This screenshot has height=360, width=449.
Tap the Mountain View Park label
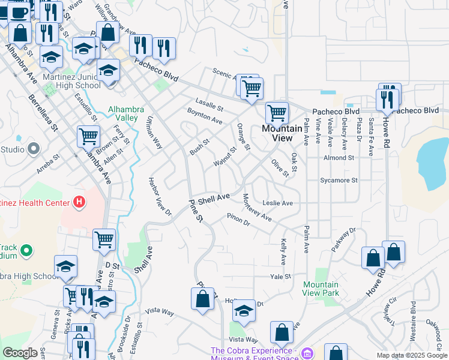321,289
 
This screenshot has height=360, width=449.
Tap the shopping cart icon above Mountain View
277,112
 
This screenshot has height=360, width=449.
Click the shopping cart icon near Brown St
88,136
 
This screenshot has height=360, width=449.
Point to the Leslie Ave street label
277,203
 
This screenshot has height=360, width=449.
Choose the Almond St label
339,158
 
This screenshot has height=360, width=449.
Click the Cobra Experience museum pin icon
308,353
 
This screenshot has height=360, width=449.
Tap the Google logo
20,353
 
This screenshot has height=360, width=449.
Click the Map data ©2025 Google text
411,355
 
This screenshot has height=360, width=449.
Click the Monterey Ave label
257,208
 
